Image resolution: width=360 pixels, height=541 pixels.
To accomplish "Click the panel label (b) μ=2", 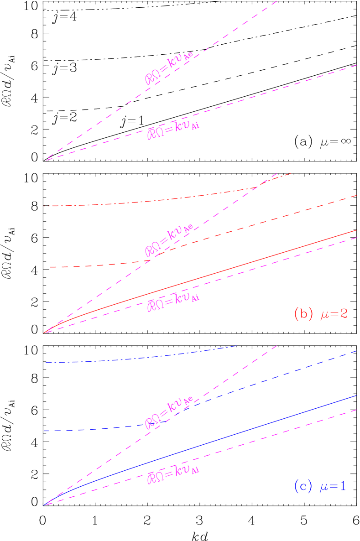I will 321,314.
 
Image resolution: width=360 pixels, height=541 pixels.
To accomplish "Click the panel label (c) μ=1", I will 320,486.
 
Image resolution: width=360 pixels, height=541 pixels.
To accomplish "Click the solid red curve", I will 205,276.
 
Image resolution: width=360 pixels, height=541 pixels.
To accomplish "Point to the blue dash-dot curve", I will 137,358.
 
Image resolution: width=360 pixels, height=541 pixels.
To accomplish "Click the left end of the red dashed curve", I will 44,267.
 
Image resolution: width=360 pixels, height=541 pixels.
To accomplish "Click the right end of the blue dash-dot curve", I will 237,346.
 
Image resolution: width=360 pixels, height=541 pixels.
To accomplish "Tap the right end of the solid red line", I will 356,230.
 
